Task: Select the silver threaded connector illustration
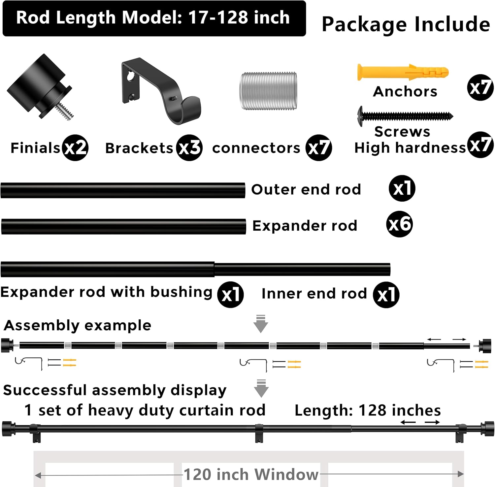(268, 91)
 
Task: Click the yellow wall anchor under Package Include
(403, 72)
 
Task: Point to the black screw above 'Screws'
(405, 116)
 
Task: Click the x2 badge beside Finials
(75, 147)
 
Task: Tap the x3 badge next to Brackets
(189, 147)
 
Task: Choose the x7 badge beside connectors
(318, 147)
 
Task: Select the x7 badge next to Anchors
(480, 88)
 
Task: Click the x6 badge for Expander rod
(399, 224)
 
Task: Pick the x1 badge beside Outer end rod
(402, 188)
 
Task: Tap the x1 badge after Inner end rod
(386, 295)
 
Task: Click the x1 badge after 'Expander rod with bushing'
(230, 295)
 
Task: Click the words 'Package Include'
(406, 24)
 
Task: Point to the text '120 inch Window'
(251, 474)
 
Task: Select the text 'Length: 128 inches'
(368, 410)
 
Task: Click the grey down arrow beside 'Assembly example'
(261, 324)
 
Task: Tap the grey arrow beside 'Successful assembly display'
(261, 388)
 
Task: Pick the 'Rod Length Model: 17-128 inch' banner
(154, 18)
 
